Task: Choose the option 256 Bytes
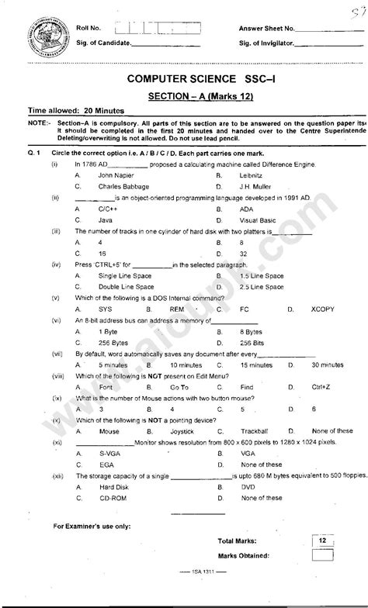tap(113, 342)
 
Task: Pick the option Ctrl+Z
tap(321, 386)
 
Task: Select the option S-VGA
tap(109, 452)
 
